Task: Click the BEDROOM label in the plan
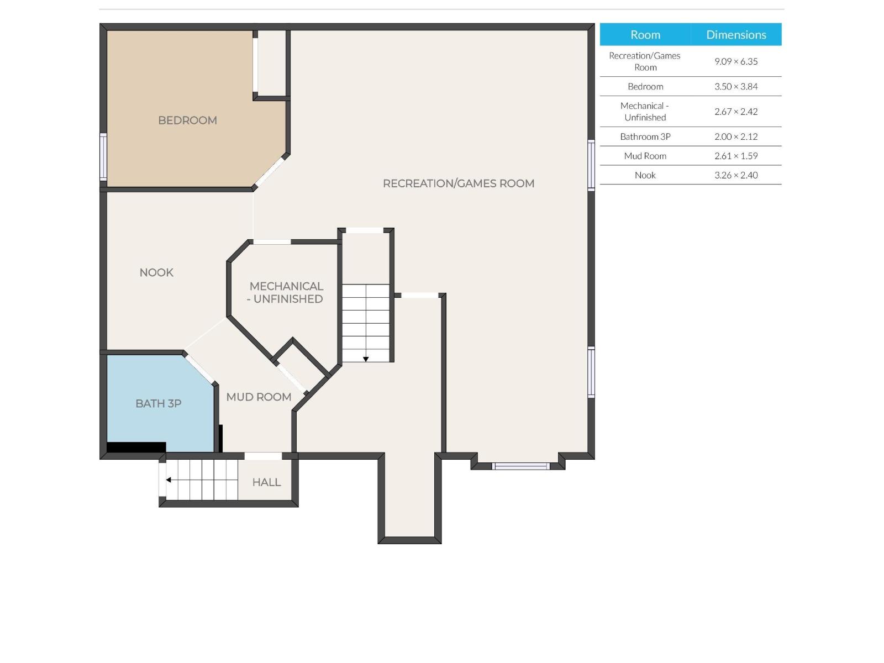pyautogui.click(x=187, y=120)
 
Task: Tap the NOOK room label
pyautogui.click(x=156, y=272)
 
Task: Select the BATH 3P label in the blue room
pyautogui.click(x=159, y=403)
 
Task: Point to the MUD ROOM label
pyautogui.click(x=259, y=397)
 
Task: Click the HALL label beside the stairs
pyautogui.click(x=266, y=482)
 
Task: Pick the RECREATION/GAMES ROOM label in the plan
pyautogui.click(x=459, y=183)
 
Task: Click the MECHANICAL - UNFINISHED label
pyautogui.click(x=286, y=292)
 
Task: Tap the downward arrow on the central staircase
pyautogui.click(x=366, y=359)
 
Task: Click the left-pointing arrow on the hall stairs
pyautogui.click(x=169, y=480)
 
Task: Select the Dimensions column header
pyautogui.click(x=736, y=35)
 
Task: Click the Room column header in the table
pyautogui.click(x=645, y=35)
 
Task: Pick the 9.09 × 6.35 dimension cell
pyautogui.click(x=736, y=61)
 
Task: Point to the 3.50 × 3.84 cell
pyautogui.click(x=736, y=86)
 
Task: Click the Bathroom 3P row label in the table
pyautogui.click(x=645, y=136)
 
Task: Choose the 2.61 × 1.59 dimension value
pyautogui.click(x=736, y=156)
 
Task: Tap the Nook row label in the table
pyautogui.click(x=645, y=175)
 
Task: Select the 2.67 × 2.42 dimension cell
pyautogui.click(x=736, y=112)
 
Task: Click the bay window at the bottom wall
pyautogui.click(x=520, y=466)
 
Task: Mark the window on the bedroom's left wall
pyautogui.click(x=103, y=157)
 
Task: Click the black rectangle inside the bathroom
pyautogui.click(x=136, y=447)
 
